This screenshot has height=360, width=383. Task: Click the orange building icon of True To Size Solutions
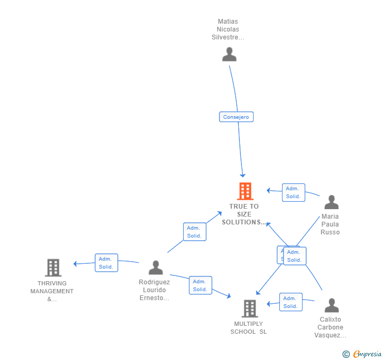(x=245, y=191)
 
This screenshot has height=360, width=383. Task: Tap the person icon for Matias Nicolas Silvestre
(x=229, y=54)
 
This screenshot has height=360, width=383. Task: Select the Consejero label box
(x=236, y=117)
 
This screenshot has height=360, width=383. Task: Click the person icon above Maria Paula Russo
(x=331, y=202)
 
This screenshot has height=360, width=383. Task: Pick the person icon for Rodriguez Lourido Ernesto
(x=156, y=268)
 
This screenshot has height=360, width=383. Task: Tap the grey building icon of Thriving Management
(x=53, y=268)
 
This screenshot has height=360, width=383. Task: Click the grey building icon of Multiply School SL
(x=249, y=308)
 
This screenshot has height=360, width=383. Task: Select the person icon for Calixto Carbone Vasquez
(x=331, y=305)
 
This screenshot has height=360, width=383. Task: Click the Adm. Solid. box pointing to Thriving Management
(x=106, y=263)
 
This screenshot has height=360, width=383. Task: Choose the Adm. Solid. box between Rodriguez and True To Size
(x=195, y=232)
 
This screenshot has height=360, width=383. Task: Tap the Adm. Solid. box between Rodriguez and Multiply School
(x=200, y=285)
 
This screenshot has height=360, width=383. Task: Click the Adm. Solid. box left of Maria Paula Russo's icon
(x=293, y=192)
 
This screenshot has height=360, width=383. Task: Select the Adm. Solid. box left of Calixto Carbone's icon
(x=290, y=302)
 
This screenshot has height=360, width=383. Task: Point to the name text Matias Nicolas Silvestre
(x=228, y=29)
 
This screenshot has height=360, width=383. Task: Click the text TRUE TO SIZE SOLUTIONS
(x=244, y=214)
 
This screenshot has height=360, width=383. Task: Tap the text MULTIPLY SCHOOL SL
(x=248, y=328)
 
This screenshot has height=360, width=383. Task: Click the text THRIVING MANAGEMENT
(x=52, y=291)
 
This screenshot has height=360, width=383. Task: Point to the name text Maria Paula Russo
(x=330, y=224)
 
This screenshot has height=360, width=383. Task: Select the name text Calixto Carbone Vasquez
(x=330, y=327)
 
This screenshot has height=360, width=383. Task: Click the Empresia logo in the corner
(x=362, y=354)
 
